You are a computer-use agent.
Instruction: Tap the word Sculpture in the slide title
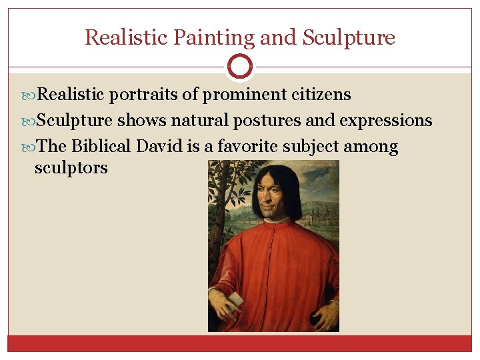[x=349, y=37]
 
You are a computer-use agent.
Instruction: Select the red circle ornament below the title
[x=239, y=67]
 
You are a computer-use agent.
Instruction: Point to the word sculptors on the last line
[x=71, y=167]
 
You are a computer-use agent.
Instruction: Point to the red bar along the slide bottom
[x=240, y=343]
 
